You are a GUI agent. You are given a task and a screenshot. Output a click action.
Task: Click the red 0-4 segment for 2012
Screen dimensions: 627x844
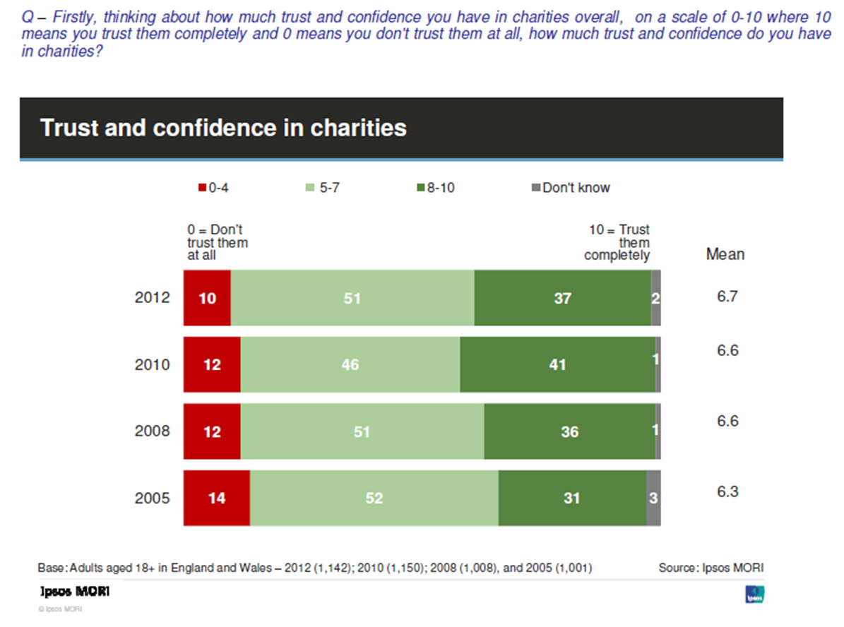point(207,298)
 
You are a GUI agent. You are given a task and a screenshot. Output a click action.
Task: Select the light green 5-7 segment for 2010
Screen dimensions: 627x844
point(350,364)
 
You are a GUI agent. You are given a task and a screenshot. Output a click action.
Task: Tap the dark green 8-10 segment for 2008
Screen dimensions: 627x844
point(569,431)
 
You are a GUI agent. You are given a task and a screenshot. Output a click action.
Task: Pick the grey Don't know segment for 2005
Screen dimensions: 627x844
point(653,498)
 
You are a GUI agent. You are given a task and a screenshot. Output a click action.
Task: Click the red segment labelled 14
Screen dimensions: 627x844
point(216,498)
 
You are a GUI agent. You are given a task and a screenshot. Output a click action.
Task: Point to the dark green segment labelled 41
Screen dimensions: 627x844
point(557,364)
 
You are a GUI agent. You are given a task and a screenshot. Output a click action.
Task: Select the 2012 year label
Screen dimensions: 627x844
point(152,298)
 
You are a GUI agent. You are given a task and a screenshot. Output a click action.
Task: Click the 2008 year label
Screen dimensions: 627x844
point(152,431)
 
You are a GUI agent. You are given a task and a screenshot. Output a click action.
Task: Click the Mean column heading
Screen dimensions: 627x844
point(725,254)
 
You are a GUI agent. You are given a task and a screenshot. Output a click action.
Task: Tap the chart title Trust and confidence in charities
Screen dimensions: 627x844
point(223,128)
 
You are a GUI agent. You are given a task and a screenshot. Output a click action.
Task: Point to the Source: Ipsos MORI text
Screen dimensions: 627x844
point(711,568)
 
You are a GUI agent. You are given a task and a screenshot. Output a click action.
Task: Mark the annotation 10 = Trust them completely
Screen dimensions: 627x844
point(618,243)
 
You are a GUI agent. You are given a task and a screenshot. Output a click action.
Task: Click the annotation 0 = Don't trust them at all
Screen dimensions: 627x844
point(218,243)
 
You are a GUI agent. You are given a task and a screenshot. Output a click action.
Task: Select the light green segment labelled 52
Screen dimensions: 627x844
point(374,498)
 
